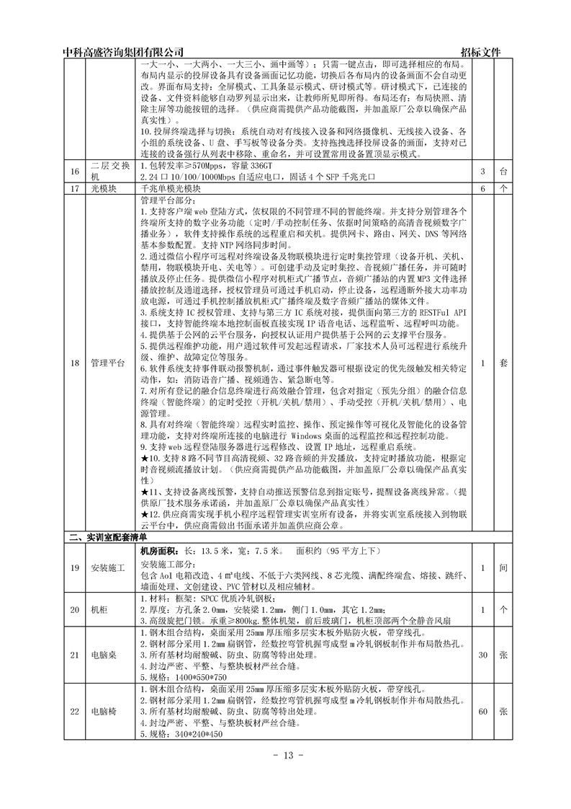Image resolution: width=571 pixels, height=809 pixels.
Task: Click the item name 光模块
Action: click(x=103, y=188)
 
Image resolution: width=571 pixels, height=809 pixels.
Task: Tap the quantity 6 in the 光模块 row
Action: click(x=483, y=188)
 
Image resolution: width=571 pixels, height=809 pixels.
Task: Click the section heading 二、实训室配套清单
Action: click(x=107, y=537)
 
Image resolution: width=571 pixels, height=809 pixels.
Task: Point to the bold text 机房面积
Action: click(x=161, y=549)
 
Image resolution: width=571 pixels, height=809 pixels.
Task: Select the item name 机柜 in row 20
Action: click(x=100, y=609)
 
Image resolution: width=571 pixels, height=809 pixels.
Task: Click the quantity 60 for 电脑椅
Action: click(x=483, y=711)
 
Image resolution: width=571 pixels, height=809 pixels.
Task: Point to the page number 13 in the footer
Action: click(x=285, y=755)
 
